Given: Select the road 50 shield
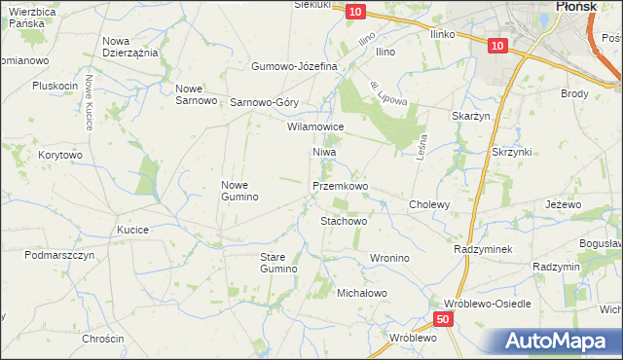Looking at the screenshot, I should pyautogui.click(x=444, y=319).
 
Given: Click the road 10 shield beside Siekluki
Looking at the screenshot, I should pyautogui.click(x=355, y=11).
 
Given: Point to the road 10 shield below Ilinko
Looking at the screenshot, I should pyautogui.click(x=496, y=46).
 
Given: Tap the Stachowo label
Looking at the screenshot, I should pyautogui.click(x=344, y=221).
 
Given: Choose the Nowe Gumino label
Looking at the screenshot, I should pyautogui.click(x=239, y=191).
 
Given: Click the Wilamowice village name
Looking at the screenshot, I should pyautogui.click(x=315, y=126).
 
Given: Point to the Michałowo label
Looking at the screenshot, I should pyautogui.click(x=362, y=292).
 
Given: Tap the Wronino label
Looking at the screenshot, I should pyautogui.click(x=388, y=258).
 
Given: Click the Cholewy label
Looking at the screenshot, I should pyautogui.click(x=429, y=205).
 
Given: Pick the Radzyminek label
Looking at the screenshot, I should pyautogui.click(x=483, y=249).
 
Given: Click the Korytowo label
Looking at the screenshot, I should pyautogui.click(x=60, y=155).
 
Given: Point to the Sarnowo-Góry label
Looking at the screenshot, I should pyautogui.click(x=264, y=102).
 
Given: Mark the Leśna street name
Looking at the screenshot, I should pyautogui.click(x=422, y=148).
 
